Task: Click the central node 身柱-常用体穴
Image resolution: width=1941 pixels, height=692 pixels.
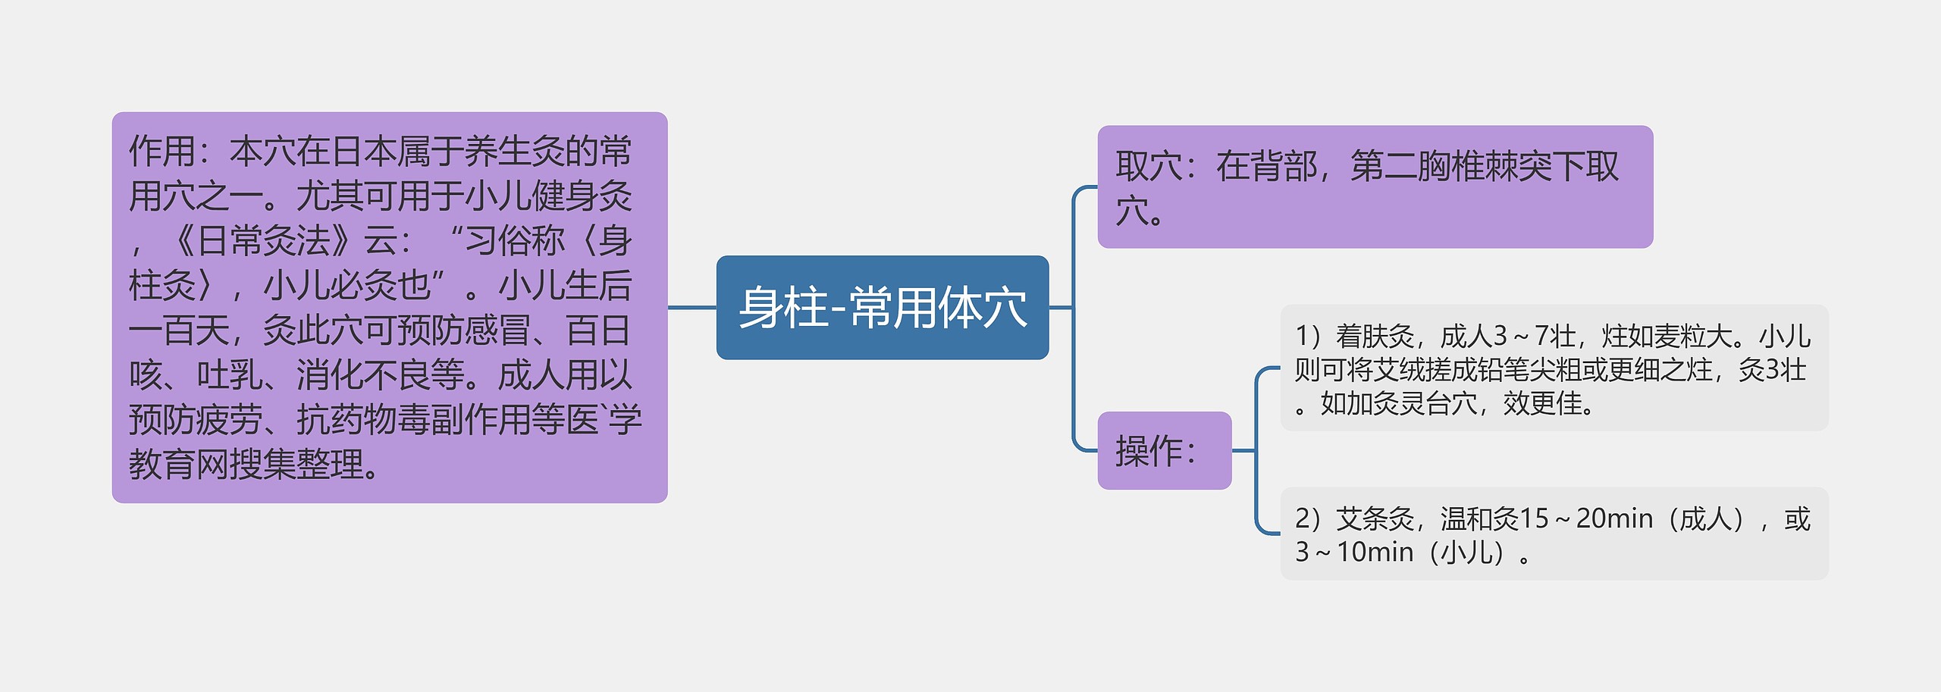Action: click(x=882, y=308)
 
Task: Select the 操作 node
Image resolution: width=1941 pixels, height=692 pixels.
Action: click(x=1164, y=451)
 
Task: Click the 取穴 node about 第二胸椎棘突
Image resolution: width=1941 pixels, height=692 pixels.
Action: click(x=1374, y=187)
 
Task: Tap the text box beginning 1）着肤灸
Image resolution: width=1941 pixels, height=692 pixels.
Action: click(x=1554, y=368)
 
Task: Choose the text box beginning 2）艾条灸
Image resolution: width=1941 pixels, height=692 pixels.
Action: click(x=1554, y=534)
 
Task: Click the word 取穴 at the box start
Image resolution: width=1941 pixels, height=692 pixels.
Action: click(x=1148, y=167)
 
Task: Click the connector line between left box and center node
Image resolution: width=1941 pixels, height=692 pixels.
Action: click(x=691, y=308)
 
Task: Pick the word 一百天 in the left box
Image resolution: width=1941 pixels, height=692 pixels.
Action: click(x=179, y=330)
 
